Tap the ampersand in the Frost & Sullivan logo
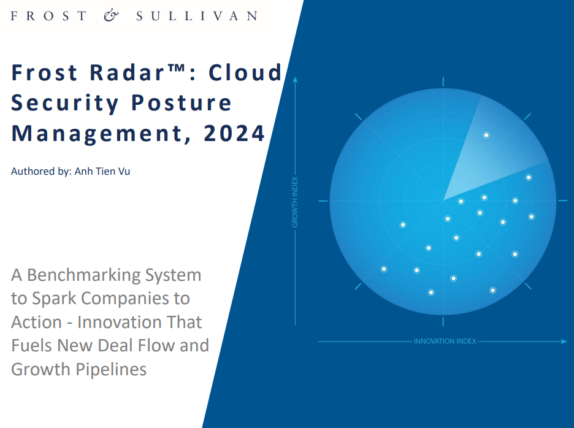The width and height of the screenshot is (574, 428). pyautogui.click(x=112, y=16)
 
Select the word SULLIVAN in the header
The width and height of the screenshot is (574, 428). pyautogui.click(x=196, y=16)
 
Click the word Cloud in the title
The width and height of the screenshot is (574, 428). pyautogui.click(x=245, y=72)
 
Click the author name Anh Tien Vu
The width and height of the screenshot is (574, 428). pyautogui.click(x=102, y=171)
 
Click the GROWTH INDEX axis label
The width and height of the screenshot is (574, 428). pyautogui.click(x=295, y=202)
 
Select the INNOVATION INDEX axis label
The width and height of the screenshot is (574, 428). pyautogui.click(x=445, y=342)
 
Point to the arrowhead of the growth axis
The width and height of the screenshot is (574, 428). pyautogui.click(x=295, y=80)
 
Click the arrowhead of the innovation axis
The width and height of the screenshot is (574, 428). pyautogui.click(x=564, y=342)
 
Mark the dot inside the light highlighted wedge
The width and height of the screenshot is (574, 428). pyautogui.click(x=486, y=135)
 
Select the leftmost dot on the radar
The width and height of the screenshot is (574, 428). pyautogui.click(x=384, y=269)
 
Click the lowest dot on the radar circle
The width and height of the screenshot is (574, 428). pyautogui.click(x=431, y=292)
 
